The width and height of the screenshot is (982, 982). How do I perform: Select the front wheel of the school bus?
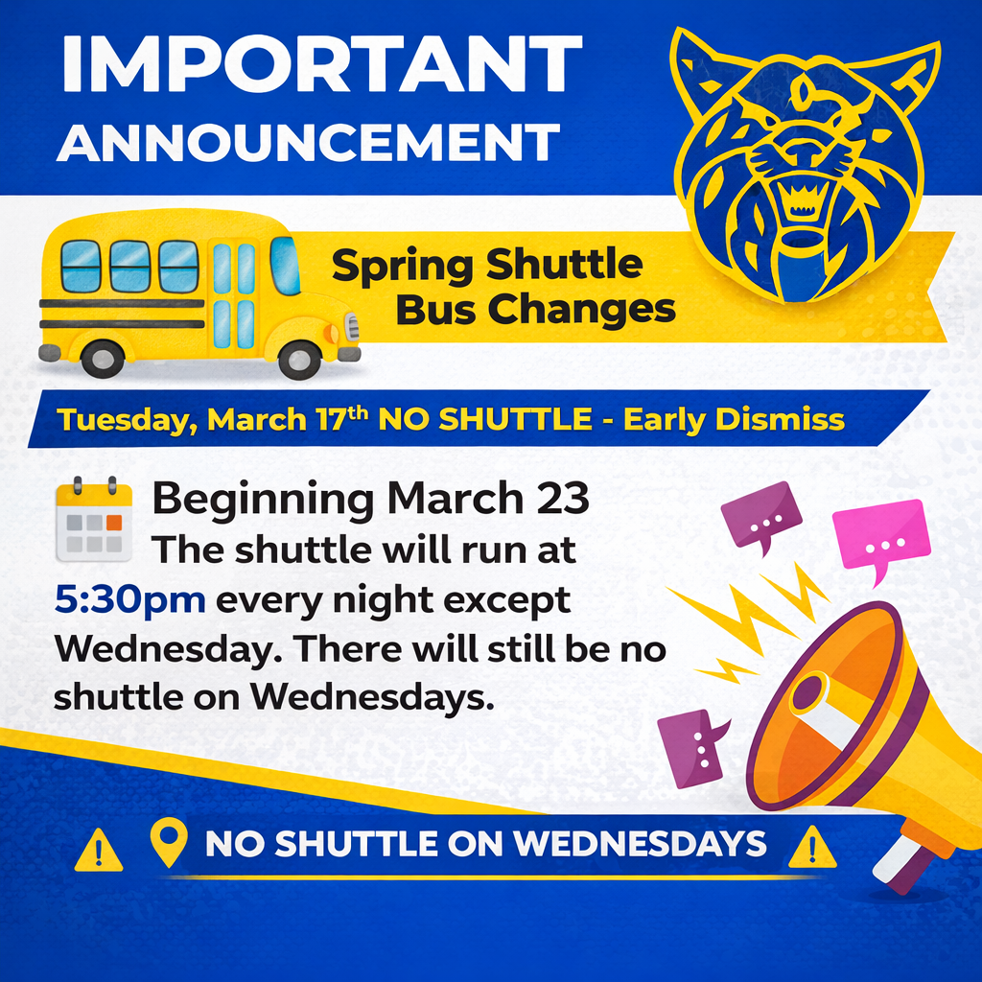(x=299, y=360)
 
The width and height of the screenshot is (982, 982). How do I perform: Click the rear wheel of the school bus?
(x=102, y=359)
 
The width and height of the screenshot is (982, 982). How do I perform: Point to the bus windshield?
(x=284, y=265)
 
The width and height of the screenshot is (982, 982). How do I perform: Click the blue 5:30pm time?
(x=129, y=601)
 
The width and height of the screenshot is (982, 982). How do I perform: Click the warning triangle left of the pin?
(x=98, y=850)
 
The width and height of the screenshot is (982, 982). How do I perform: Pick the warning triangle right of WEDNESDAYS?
(x=810, y=848)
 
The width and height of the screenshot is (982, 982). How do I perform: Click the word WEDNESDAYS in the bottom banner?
(x=640, y=844)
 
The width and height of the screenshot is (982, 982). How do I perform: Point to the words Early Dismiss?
(x=735, y=420)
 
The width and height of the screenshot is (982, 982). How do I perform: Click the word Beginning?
(x=264, y=500)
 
